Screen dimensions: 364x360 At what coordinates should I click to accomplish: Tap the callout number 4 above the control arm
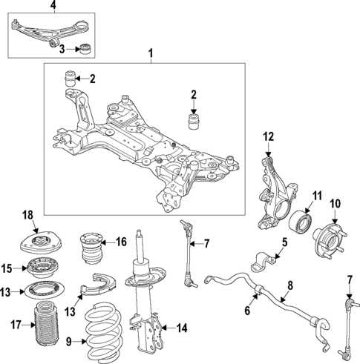[x=32, y=7]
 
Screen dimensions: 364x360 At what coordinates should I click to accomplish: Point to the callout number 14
[x=182, y=328]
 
